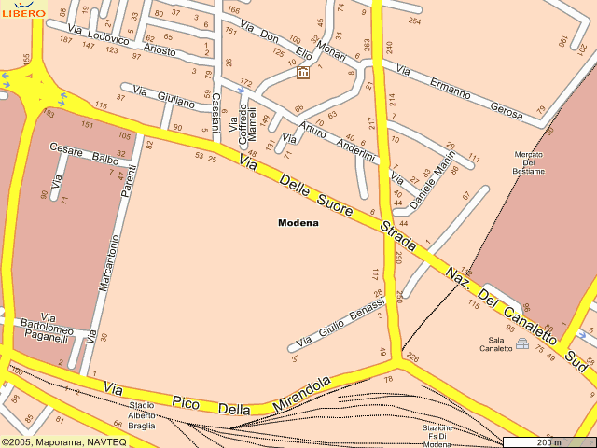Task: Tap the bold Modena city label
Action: [298, 223]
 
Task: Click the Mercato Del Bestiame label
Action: [528, 162]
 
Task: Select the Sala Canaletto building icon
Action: [521, 346]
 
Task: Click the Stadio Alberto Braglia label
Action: [142, 414]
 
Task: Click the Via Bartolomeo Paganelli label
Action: [47, 328]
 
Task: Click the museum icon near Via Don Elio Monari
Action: [302, 72]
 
